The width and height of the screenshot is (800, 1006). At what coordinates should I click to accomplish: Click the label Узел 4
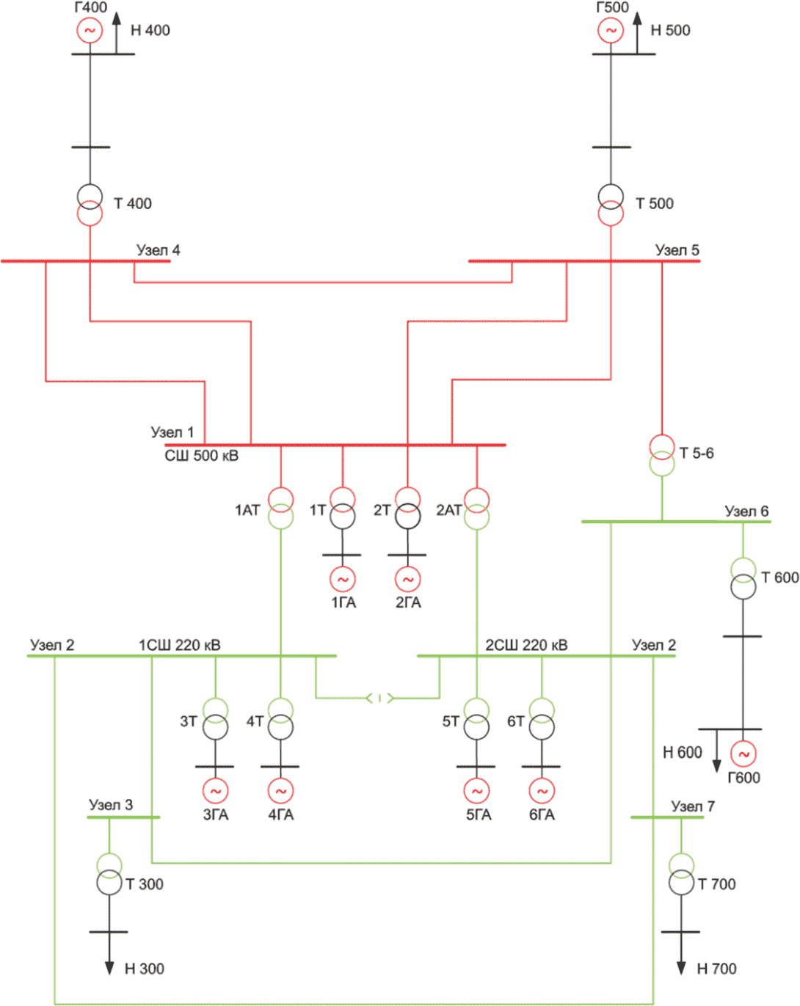pos(158,250)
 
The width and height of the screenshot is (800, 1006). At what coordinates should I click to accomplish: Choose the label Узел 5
pos(677,250)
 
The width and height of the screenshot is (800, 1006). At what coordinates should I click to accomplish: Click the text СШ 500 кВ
pos(202,456)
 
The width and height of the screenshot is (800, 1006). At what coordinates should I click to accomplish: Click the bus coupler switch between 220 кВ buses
pos(379,698)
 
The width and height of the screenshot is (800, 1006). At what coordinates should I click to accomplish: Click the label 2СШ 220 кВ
pos(526,645)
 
